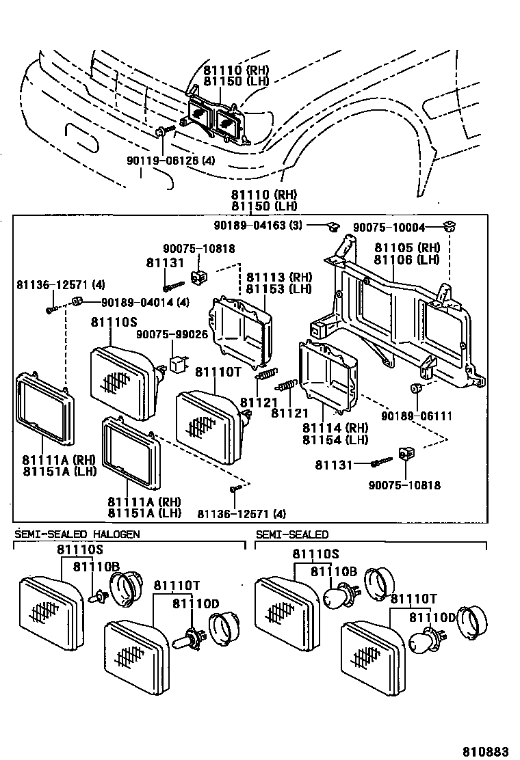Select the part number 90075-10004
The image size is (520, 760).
click(x=389, y=228)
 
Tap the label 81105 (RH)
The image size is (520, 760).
click(x=408, y=248)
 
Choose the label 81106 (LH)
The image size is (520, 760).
click(x=408, y=259)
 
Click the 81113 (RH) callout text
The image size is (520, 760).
click(x=278, y=277)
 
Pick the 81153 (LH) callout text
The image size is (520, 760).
click(x=278, y=288)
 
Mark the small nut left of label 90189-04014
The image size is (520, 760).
click(x=77, y=301)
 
